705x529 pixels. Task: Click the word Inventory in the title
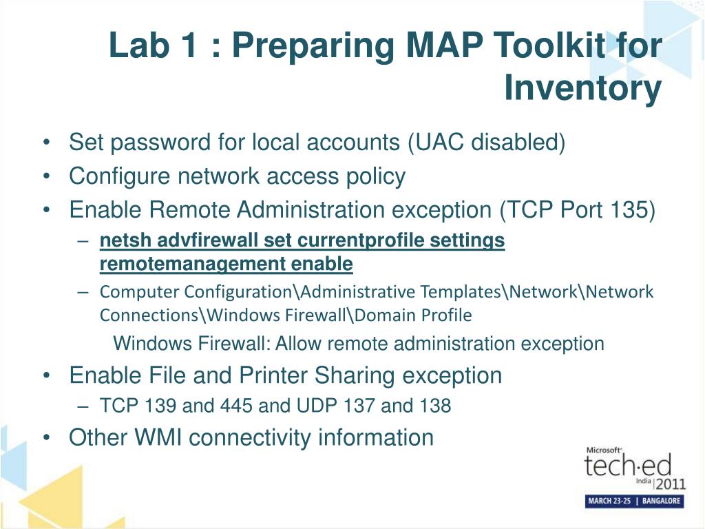(582, 88)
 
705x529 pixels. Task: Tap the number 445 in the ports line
(236, 406)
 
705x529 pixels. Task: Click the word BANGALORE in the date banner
(661, 501)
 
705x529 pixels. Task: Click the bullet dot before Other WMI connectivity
(45, 437)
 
